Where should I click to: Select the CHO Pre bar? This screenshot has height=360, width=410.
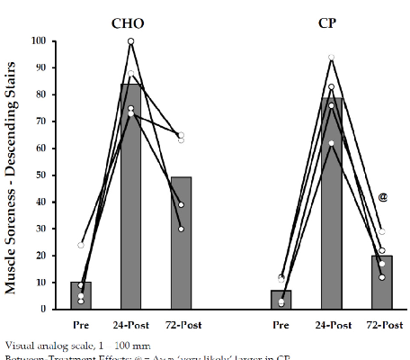click(81, 296)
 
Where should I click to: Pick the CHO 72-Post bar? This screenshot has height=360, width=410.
click(181, 243)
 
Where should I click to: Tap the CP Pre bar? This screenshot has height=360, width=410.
click(281, 300)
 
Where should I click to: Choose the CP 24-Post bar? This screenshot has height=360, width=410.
click(332, 203)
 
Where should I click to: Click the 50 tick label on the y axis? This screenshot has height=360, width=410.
click(44, 175)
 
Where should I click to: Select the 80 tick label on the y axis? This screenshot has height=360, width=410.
click(44, 94)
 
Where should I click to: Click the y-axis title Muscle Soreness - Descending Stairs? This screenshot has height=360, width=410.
click(14, 175)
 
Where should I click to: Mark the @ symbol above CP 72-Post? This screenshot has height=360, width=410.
click(382, 197)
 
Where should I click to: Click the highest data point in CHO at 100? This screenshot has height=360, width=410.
click(131, 41)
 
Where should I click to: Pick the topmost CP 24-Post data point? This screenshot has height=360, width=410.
click(332, 58)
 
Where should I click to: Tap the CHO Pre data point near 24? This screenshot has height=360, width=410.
click(81, 245)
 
